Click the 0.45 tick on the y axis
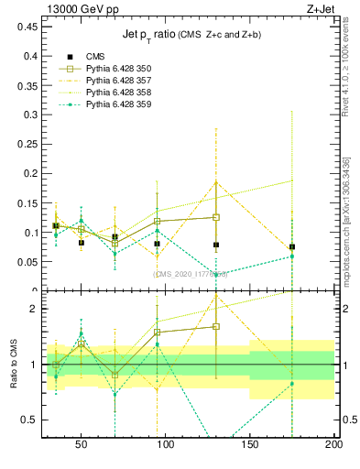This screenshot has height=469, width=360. tap(25, 27)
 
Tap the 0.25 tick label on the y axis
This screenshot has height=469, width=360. tap(25, 144)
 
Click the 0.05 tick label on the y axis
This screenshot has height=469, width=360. tap(25, 261)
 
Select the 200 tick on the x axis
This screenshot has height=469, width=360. tap(333, 445)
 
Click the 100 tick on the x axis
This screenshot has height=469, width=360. tap(166, 445)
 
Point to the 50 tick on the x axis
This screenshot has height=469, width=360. tap(82, 445)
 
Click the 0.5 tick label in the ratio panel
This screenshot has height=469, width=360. tap(27, 420)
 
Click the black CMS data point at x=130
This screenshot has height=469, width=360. tap(216, 245)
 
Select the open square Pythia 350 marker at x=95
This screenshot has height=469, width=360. tap(158, 221)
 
